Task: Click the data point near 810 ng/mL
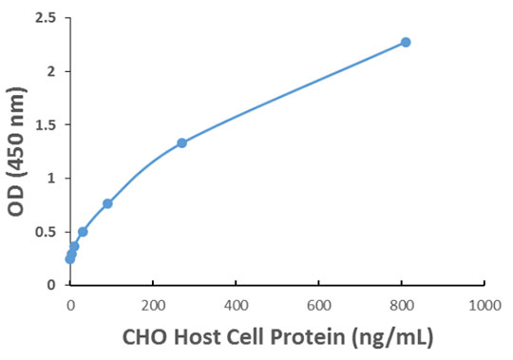(406, 42)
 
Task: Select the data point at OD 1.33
(181, 142)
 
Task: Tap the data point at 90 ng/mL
(107, 203)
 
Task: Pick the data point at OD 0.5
(83, 232)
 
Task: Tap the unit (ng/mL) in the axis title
(390, 336)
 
